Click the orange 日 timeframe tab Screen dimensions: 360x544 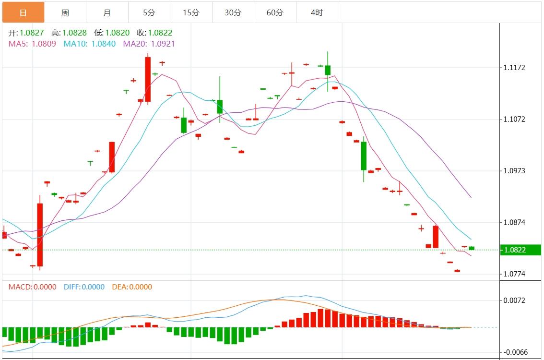coord(23,12)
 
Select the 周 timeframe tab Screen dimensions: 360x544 coord(65,12)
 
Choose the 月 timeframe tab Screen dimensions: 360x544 coord(107,12)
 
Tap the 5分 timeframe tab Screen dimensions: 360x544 coord(149,12)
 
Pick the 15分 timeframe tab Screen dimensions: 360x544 coord(191,12)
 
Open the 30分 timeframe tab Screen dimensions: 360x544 coord(233,12)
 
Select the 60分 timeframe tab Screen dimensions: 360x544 coord(275,12)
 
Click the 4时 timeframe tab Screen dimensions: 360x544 coord(317,12)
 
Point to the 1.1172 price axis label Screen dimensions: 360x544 coord(515,68)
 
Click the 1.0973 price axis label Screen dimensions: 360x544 coord(515,171)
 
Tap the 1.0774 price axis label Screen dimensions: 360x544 coord(515,274)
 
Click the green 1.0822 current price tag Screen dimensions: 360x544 coord(520,250)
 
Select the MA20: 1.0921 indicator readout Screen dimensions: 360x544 coord(149,44)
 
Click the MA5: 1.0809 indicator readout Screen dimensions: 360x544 coord(32,44)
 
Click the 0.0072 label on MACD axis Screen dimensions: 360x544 coord(515,300)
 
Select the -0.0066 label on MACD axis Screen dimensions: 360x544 coord(515,352)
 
